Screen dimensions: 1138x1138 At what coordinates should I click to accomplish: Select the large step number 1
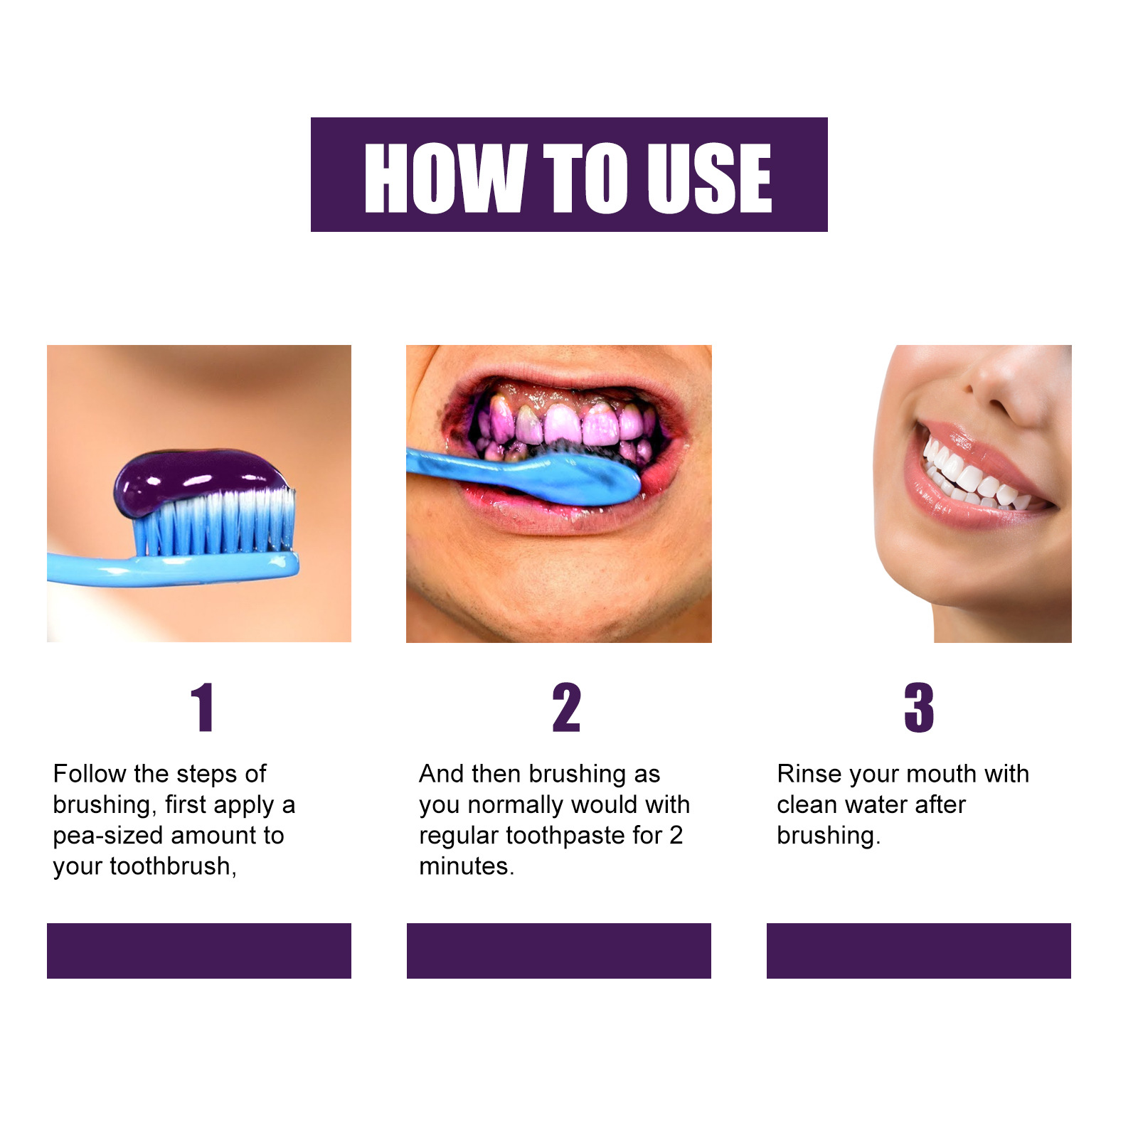pos(203,707)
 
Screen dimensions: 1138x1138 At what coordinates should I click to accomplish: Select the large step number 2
pos(567,707)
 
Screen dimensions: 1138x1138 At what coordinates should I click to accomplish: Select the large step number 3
pos(918,707)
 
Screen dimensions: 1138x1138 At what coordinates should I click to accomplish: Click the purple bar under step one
pos(199,950)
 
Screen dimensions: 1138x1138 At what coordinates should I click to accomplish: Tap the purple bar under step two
pos(558,950)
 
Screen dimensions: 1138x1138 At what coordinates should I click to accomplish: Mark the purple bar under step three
pos(918,950)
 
